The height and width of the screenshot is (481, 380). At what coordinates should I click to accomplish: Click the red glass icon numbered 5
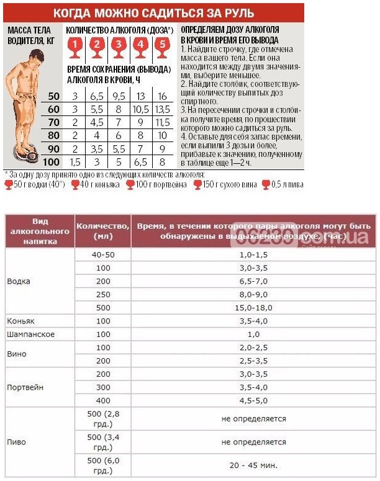coord(162,45)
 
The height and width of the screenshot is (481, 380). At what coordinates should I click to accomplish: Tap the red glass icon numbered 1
coord(75,45)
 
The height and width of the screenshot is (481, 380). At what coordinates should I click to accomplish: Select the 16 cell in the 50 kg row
coord(162,96)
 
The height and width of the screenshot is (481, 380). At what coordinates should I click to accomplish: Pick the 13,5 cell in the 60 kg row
coord(162,109)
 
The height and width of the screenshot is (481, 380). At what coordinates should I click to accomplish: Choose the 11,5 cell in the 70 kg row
coord(162,122)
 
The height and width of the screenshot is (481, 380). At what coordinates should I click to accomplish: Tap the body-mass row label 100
coord(53,162)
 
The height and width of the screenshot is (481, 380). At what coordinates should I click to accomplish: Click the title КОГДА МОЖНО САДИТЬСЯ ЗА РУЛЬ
coord(153,12)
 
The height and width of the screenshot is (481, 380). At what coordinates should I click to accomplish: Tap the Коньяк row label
coord(22,321)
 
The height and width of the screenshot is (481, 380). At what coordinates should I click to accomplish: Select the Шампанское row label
coord(30,335)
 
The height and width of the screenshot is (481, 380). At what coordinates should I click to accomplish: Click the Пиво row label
coord(17,442)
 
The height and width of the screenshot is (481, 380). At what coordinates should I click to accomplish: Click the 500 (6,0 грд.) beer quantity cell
coord(102,465)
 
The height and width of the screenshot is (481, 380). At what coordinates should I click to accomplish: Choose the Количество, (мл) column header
coord(102,231)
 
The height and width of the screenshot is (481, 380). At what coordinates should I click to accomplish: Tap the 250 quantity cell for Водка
coord(102,294)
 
